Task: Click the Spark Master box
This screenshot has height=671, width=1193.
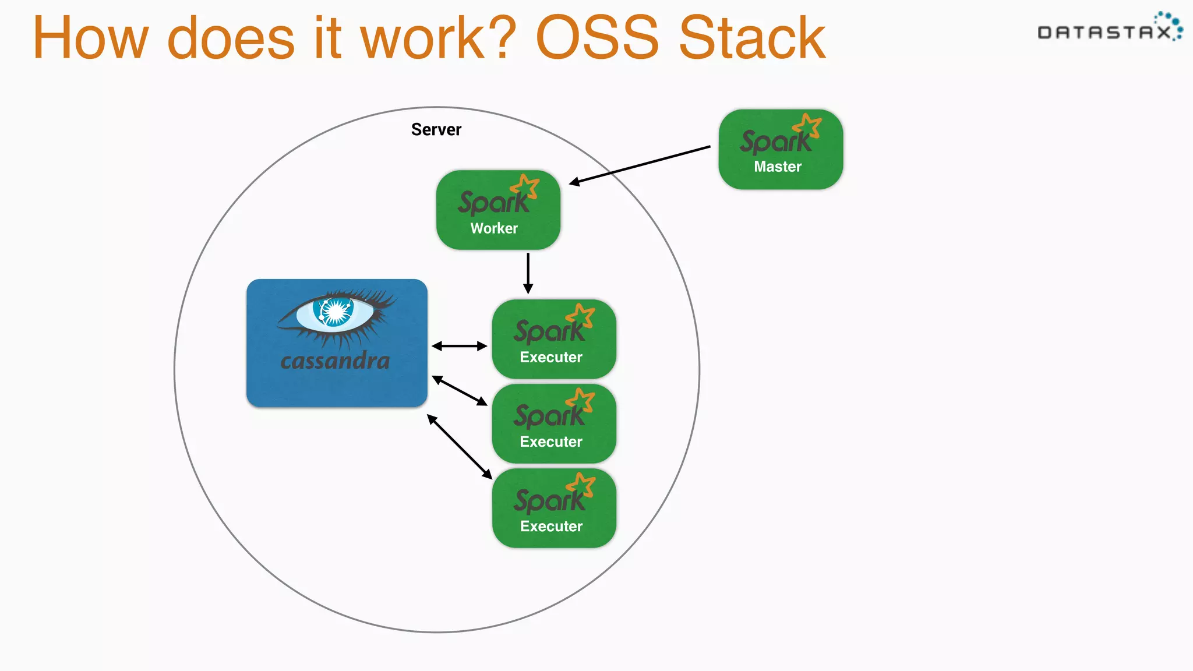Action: coord(780,150)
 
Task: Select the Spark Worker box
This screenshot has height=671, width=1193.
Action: coord(498,210)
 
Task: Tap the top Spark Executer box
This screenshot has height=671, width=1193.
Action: coord(553,340)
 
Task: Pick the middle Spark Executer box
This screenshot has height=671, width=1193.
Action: coord(553,424)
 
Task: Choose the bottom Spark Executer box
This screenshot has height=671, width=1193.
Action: coord(553,508)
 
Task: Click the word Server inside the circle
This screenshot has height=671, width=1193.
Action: coord(436,129)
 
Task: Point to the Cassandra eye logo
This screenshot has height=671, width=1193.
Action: coord(335,313)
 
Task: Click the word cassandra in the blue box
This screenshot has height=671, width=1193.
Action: coord(335,361)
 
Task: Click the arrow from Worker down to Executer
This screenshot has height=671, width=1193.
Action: coord(528,273)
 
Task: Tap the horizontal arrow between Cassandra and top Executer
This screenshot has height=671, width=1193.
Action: coord(459,346)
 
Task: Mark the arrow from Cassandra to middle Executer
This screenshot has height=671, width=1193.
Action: coord(460,391)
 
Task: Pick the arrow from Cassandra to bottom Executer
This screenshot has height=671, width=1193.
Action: coord(460,446)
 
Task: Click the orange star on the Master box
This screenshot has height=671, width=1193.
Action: coord(808,126)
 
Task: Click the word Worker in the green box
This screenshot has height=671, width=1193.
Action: coord(494,228)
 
